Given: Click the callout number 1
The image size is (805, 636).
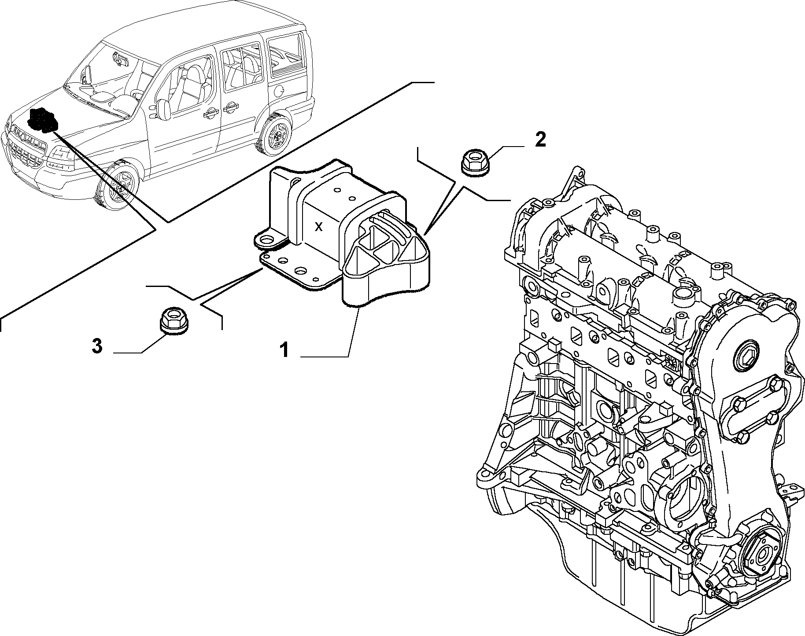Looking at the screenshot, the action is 284,351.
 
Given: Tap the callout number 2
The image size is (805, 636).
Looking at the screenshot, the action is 540,140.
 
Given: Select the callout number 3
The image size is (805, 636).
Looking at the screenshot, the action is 97,346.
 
